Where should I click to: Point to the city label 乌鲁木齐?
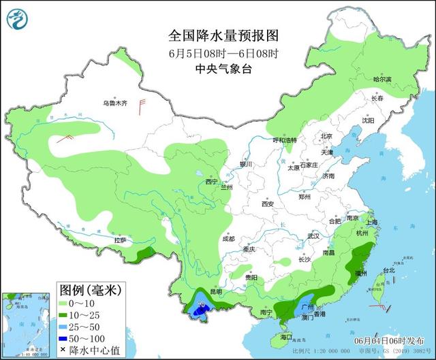point(114,103)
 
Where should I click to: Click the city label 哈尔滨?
point(382,80)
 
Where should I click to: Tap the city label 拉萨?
point(121,240)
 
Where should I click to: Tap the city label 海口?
point(285,337)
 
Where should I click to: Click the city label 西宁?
point(211,182)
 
